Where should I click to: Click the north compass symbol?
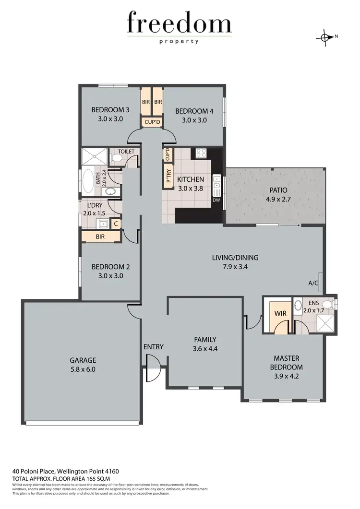[x=326, y=37]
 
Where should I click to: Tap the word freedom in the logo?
[x=179, y=24]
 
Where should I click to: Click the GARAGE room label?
[x=83, y=360]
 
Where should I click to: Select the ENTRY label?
[x=153, y=347]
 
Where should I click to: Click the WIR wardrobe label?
[x=280, y=313]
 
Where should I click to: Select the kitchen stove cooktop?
[x=201, y=154]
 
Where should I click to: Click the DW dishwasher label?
[x=216, y=200]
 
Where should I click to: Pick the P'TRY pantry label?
[x=169, y=177]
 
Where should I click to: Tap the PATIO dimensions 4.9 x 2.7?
[x=276, y=199]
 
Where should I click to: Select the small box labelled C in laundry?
[x=116, y=223]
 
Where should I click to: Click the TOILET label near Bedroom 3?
[x=126, y=152]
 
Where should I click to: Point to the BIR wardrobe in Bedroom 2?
[x=100, y=237]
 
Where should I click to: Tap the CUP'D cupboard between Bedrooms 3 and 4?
[x=152, y=122]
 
